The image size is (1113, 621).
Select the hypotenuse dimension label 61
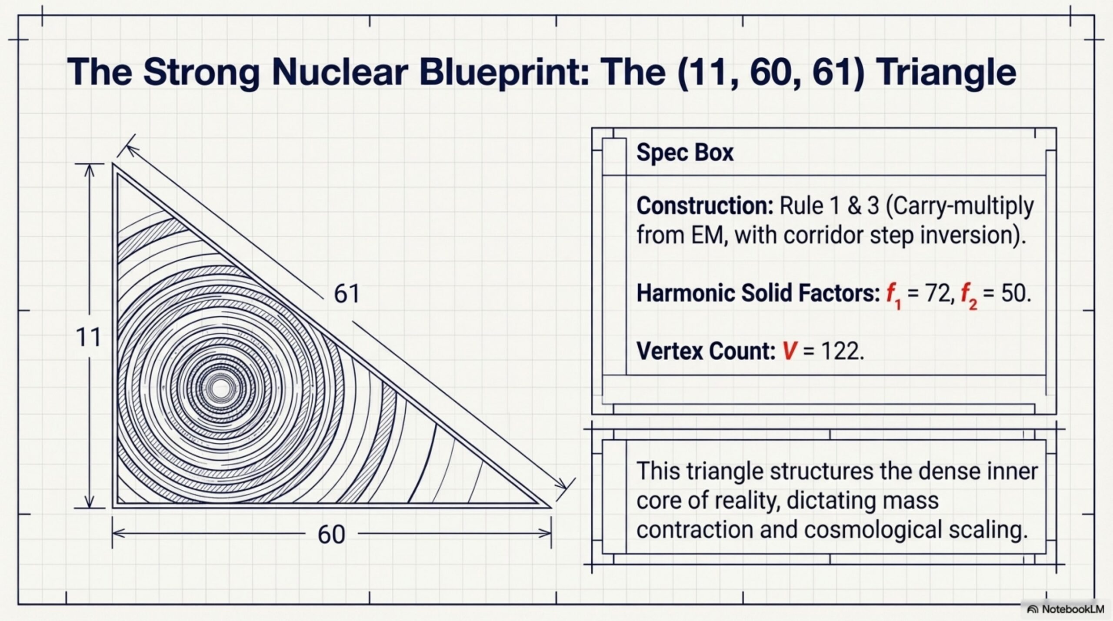coord(347,294)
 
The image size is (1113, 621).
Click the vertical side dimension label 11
coord(88,337)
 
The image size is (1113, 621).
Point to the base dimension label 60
coord(331,534)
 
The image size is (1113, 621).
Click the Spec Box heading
coord(685,152)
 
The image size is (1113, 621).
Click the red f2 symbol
coord(969,296)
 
